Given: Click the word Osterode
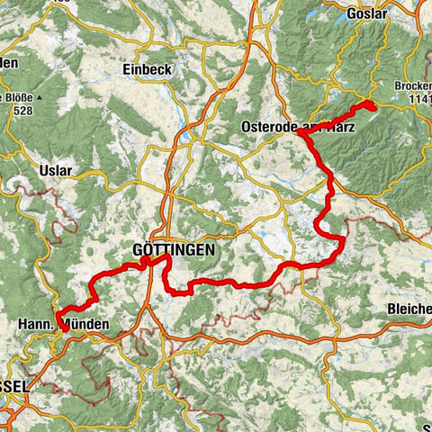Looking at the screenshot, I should click(x=269, y=128).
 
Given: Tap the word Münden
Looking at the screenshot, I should click(x=90, y=322).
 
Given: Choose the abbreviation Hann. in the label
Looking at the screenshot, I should click(x=34, y=322).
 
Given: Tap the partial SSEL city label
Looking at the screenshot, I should click(x=13, y=385).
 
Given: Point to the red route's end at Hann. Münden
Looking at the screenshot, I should click(x=65, y=328).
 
